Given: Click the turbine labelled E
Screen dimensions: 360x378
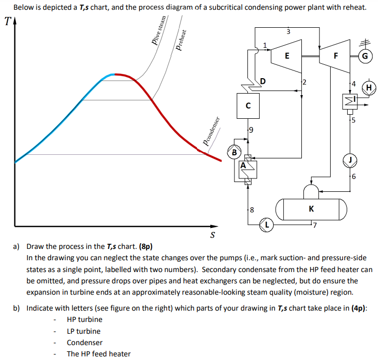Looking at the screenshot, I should coord(286,55).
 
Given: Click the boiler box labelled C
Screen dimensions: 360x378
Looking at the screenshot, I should coord(248,106).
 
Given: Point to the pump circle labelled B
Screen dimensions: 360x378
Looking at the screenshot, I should coord(235,153).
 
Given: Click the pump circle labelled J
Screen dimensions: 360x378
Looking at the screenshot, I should coord(350,160).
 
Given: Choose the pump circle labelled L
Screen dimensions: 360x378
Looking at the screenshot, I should coord(266,224).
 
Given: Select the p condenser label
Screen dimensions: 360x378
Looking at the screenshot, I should coord(212,133).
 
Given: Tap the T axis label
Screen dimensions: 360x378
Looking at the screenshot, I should coord(7,22).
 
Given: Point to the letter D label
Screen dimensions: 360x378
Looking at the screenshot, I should coord(263,81).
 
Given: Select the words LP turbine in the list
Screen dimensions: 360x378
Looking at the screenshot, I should coord(84,331).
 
